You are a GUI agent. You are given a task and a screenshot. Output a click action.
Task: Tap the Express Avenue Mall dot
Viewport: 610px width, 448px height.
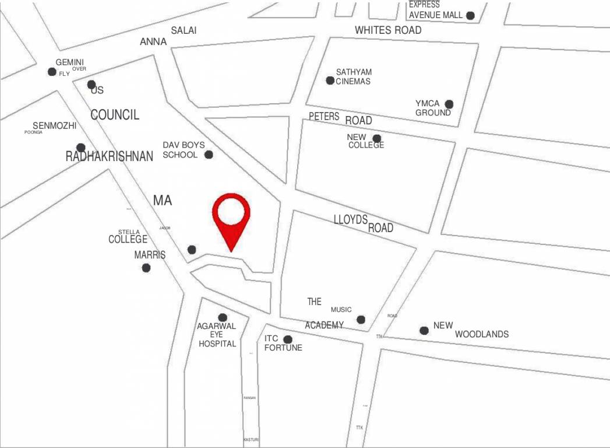(x=470, y=15)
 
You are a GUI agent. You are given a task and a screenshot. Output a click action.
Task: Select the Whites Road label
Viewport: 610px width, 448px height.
(x=388, y=30)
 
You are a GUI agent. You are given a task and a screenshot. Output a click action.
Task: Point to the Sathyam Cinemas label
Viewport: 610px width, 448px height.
(x=354, y=76)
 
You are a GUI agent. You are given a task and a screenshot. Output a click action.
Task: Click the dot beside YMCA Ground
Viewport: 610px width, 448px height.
(x=449, y=104)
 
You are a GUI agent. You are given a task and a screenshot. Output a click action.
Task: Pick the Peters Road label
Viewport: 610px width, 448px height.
(x=340, y=118)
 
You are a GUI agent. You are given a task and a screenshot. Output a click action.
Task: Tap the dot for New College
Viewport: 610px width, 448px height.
(x=377, y=139)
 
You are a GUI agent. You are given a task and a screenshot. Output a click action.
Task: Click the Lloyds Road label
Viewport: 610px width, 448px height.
(x=364, y=223)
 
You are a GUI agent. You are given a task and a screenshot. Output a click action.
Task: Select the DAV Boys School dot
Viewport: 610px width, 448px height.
(x=209, y=155)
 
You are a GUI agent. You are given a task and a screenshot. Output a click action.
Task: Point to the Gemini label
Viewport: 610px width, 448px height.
(x=70, y=62)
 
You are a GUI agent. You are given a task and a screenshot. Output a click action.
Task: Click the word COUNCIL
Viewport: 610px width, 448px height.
(x=115, y=115)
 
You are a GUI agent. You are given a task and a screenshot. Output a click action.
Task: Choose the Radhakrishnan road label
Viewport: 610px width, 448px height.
(x=110, y=156)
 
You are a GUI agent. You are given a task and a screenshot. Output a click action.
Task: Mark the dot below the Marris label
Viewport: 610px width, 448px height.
(x=146, y=268)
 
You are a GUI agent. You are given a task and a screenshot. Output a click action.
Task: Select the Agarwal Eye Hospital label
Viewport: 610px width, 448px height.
(x=217, y=335)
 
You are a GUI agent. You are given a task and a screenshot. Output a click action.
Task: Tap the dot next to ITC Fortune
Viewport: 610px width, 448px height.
(x=287, y=339)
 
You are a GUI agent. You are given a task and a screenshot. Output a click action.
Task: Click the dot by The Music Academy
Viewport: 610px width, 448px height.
(x=361, y=320)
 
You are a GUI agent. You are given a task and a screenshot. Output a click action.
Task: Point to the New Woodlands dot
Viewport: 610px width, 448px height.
(x=424, y=331)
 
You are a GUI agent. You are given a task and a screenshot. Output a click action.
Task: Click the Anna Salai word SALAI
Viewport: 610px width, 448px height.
(x=184, y=30)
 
